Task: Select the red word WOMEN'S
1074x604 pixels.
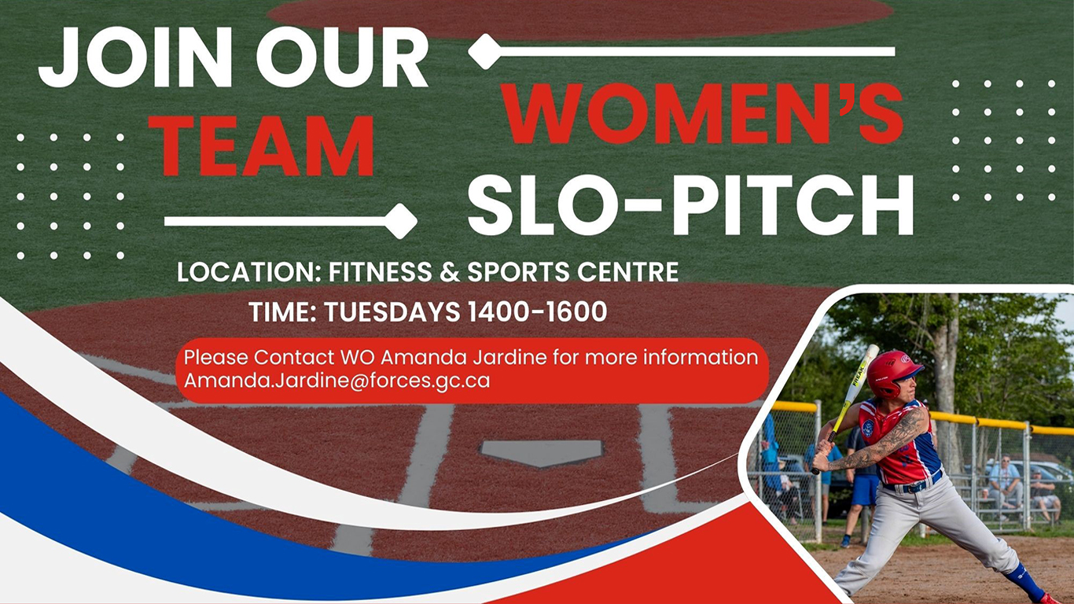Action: [701, 115]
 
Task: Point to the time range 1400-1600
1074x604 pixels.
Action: [537, 312]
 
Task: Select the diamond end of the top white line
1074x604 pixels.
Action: [485, 52]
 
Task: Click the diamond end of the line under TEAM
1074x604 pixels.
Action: [401, 221]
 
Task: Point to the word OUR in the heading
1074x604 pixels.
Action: [342, 59]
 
